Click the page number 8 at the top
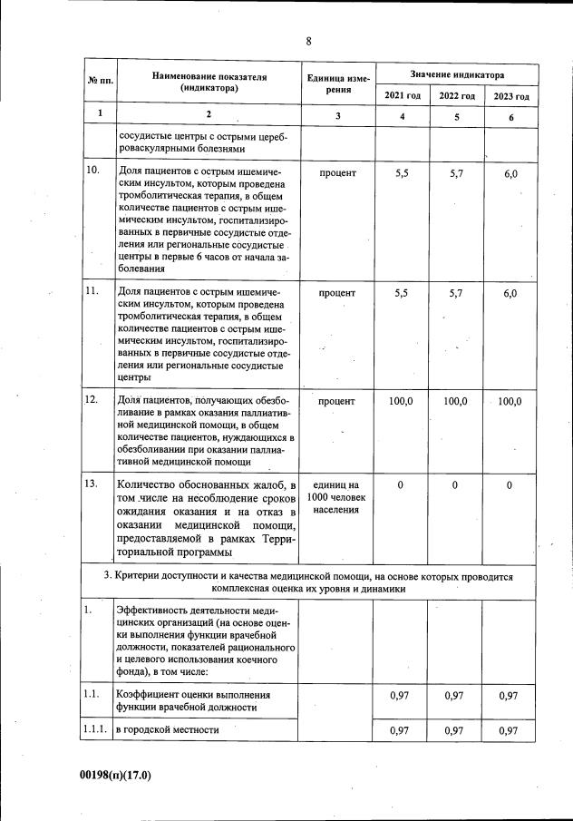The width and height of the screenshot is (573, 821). pos(308,42)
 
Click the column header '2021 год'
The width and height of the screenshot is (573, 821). pos(403,96)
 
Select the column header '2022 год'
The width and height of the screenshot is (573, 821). pos(457,96)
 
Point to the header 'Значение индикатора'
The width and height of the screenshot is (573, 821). pos(457,73)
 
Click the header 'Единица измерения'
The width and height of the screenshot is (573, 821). pos(337,84)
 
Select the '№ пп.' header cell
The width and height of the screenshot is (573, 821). pos(100,83)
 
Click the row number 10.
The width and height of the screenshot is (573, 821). pos(92,171)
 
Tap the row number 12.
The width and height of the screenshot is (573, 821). pos(92,399)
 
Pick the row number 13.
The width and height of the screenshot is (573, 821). pos(92,484)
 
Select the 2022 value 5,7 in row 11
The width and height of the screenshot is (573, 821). pos(456,293)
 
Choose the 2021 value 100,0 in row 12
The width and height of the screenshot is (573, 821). pos(401,400)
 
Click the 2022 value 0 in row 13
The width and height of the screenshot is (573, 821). pos(455,485)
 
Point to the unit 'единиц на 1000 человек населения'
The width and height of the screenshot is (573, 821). pos(337,497)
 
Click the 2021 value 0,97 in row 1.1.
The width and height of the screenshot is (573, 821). pos(402,696)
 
